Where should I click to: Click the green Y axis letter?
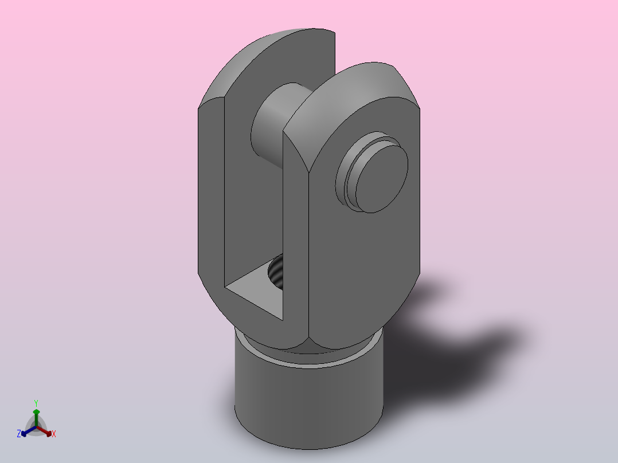point(36,403)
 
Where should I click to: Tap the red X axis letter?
point(54,434)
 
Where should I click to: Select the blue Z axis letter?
point(18,434)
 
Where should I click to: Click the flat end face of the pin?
point(382,179)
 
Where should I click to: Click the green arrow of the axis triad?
point(36,417)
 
